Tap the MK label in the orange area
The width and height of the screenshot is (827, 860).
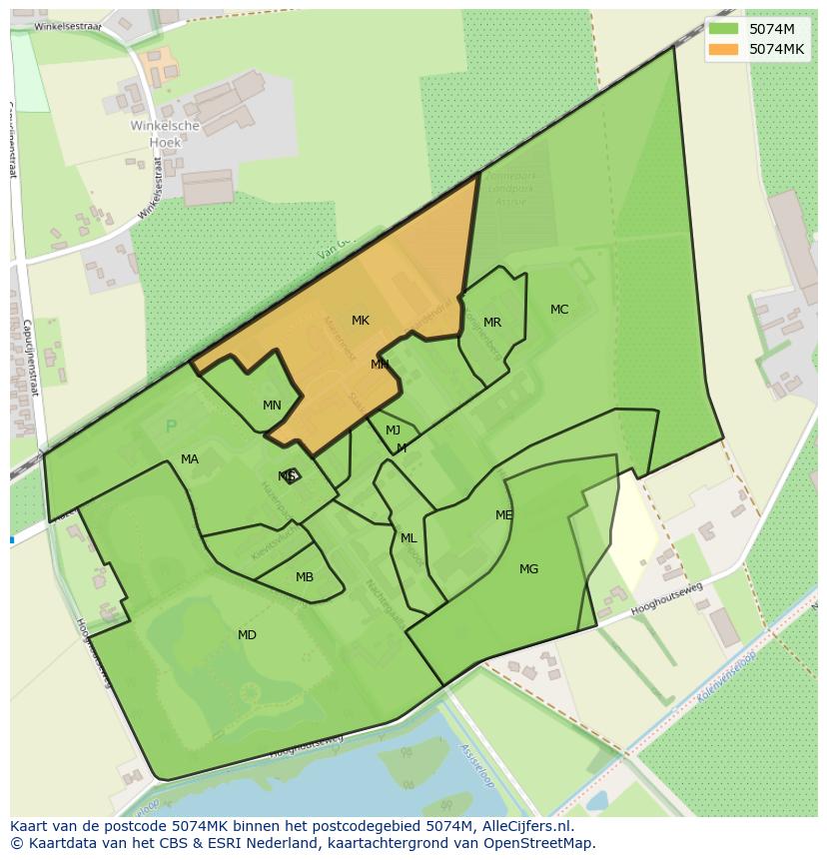361,321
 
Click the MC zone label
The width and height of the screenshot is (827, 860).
559,310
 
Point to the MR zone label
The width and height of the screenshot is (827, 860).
492,323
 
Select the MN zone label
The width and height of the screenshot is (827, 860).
272,406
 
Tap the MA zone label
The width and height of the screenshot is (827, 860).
190,459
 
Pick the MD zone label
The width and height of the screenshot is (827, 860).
247,635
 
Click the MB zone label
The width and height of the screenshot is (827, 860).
305,577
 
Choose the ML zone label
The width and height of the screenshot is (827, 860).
409,538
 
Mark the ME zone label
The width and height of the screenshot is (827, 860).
504,515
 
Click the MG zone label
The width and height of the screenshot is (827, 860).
529,569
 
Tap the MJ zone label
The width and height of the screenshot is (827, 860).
394,430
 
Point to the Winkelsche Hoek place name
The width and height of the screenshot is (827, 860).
166,134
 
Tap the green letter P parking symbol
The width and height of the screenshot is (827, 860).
171,427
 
